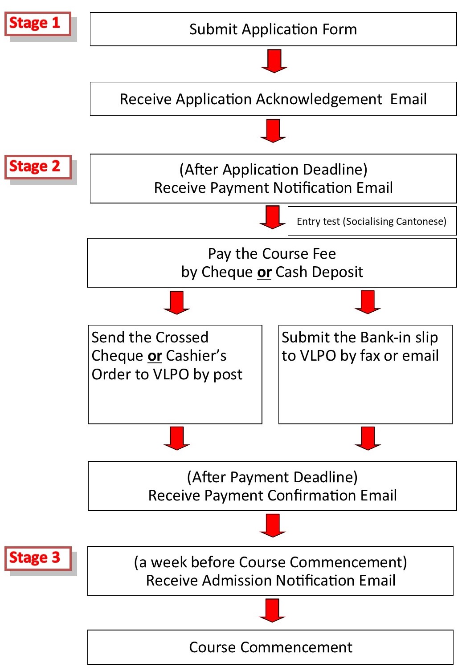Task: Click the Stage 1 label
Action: [x=37, y=24]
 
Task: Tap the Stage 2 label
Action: [x=38, y=167]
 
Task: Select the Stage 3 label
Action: [x=38, y=558]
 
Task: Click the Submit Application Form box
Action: [x=273, y=29]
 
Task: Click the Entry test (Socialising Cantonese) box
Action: [x=372, y=221]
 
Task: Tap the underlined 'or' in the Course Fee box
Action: [x=264, y=272]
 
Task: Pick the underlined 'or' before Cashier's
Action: [x=155, y=356]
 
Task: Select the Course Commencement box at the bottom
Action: [x=270, y=647]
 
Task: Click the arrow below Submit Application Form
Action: [x=274, y=61]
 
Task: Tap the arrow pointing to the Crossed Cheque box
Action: [x=176, y=302]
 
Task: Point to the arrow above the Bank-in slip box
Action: [x=368, y=302]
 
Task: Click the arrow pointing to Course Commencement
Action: [x=272, y=610]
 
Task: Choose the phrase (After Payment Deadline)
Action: [x=272, y=477]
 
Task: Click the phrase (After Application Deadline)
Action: [x=273, y=170]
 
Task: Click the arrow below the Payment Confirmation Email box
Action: [x=272, y=525]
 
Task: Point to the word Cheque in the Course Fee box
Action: [x=227, y=272]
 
